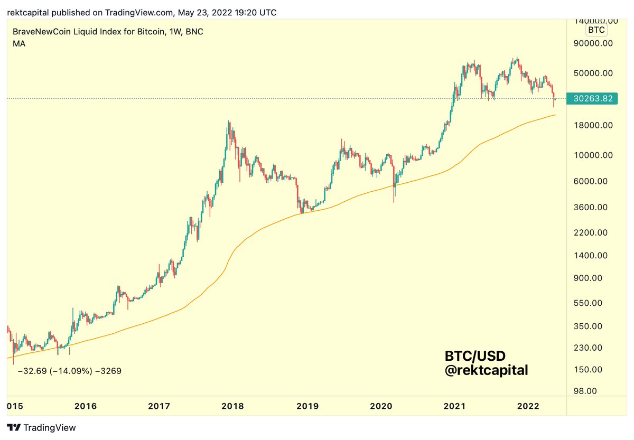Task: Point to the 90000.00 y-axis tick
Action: point(593,43)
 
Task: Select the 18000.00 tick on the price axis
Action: point(593,125)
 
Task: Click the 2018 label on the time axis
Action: point(232,406)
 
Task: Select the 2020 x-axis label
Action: point(380,406)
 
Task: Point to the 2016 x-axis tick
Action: point(86,406)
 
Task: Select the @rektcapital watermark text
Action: point(486,371)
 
